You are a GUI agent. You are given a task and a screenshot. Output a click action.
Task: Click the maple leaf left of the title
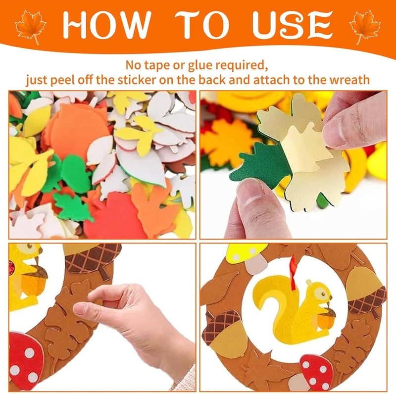pyautogui.click(x=31, y=27)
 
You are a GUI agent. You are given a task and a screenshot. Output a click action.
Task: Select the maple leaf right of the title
pyautogui.click(x=365, y=27)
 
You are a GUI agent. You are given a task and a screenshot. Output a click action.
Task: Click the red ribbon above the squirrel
pyautogui.click(x=294, y=272)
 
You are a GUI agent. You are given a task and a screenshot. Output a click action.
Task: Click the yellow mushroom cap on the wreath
pyautogui.click(x=246, y=252)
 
